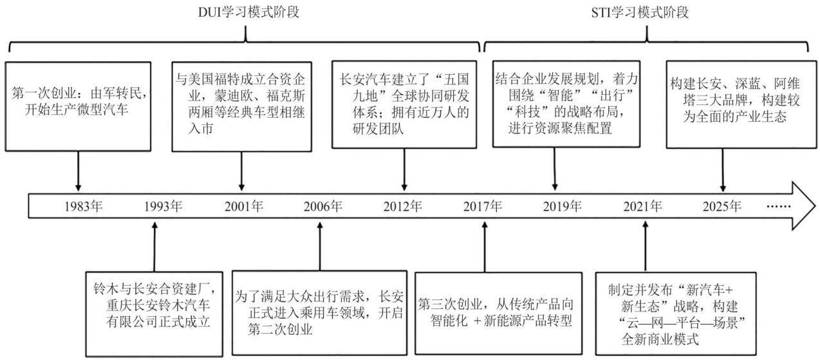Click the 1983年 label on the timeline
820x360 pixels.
84,207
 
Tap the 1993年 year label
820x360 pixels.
163,207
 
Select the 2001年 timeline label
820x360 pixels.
244,207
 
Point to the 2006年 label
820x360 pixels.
323,207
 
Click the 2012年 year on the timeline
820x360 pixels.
403,207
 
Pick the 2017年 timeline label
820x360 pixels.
483,207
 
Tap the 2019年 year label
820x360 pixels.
563,207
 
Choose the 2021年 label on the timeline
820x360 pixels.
643,207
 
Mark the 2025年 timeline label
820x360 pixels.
722,207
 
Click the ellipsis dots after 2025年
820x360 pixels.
779,207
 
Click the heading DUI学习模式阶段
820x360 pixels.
248,12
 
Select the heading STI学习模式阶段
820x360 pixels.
640,13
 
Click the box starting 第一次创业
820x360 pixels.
78,106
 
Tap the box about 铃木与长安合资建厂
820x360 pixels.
154,314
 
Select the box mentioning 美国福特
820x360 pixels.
241,106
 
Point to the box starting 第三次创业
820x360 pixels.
498,313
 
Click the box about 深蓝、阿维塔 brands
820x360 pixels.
741,104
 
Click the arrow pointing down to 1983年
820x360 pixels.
78,171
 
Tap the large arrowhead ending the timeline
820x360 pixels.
803,206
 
